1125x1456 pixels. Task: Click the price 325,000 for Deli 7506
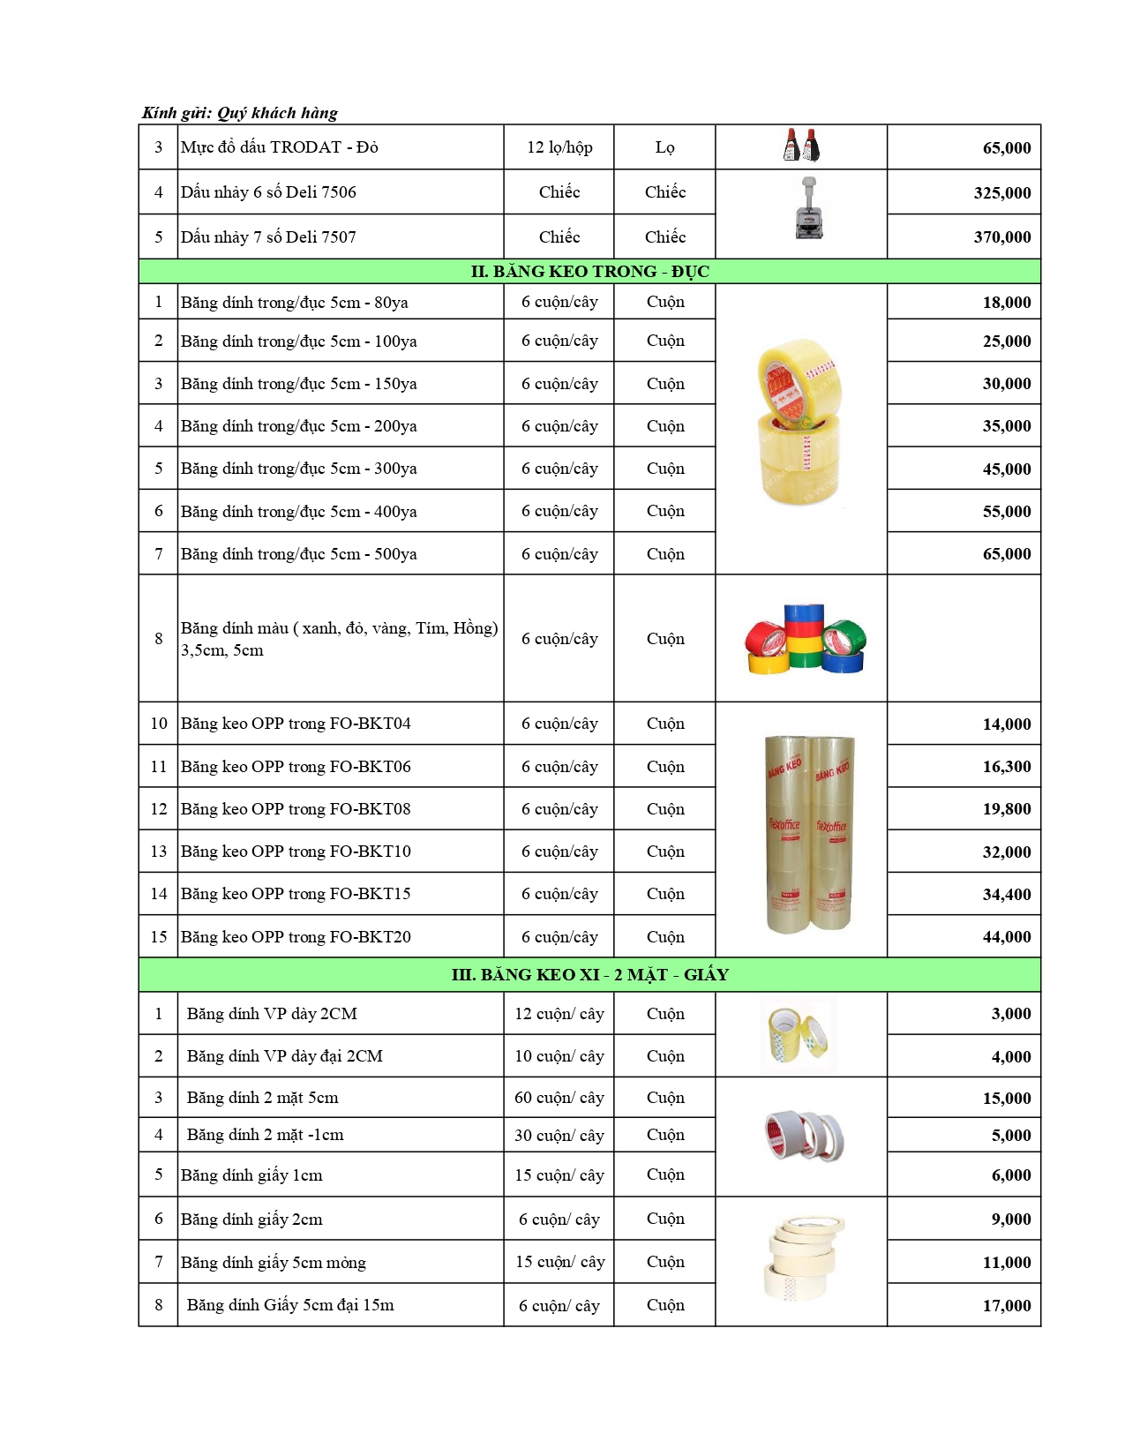[x=1001, y=192]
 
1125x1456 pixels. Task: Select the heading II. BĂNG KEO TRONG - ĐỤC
[x=589, y=271]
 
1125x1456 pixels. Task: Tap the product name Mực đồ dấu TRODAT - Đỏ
[x=279, y=147]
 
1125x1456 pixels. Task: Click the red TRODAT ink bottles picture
[x=801, y=146]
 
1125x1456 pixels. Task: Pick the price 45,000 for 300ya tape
[x=1006, y=469]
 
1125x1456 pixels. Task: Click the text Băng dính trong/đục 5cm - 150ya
[x=298, y=384]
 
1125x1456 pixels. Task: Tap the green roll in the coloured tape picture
[x=845, y=634]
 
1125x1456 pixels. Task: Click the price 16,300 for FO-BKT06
[x=1006, y=767]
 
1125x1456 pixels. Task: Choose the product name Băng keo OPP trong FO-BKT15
[x=296, y=894]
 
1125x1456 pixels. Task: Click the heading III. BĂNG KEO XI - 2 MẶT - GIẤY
[x=589, y=974]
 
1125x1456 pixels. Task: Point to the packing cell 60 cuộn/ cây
[x=559, y=1098]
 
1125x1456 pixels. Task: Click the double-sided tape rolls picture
[x=804, y=1136]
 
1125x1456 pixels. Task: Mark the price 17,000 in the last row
[x=1006, y=1305]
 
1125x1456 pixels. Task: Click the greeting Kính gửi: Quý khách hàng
[x=240, y=113]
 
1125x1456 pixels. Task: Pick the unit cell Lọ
[x=664, y=147]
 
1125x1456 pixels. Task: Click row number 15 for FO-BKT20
[x=159, y=937]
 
